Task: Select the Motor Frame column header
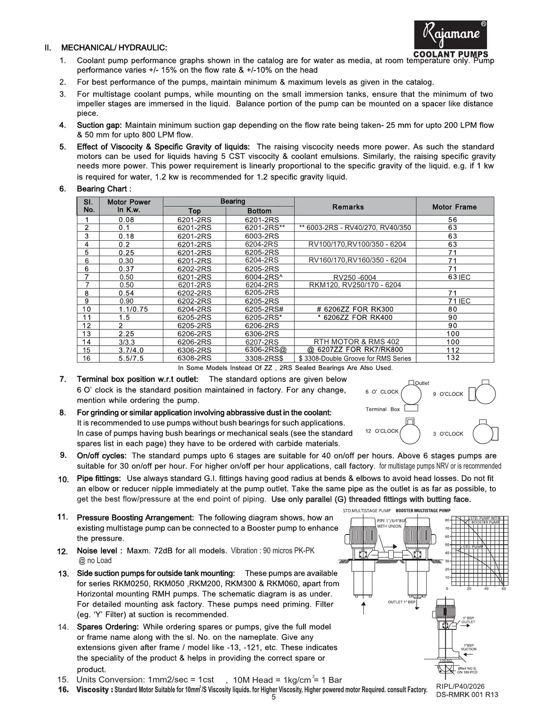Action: [x=454, y=207]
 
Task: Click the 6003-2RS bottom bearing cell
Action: [x=262, y=236]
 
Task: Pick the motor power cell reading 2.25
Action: [x=127, y=334]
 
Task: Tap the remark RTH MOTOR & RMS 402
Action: [x=357, y=342]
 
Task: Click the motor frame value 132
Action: [x=452, y=358]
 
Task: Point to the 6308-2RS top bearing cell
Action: [x=194, y=358]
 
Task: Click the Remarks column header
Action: [x=348, y=207]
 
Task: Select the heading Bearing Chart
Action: [x=104, y=189]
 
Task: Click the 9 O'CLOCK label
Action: [x=448, y=394]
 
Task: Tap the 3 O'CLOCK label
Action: [x=448, y=434]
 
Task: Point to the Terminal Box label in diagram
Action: [x=383, y=409]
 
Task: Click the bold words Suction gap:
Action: [x=100, y=125]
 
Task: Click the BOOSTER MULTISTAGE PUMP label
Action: [x=423, y=510]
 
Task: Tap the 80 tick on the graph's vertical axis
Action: [x=447, y=520]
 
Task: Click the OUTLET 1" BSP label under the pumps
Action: [x=401, y=602]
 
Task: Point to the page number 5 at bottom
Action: [x=273, y=697]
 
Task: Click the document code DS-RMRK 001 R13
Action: [x=467, y=695]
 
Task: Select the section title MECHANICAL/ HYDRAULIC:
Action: [x=114, y=48]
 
